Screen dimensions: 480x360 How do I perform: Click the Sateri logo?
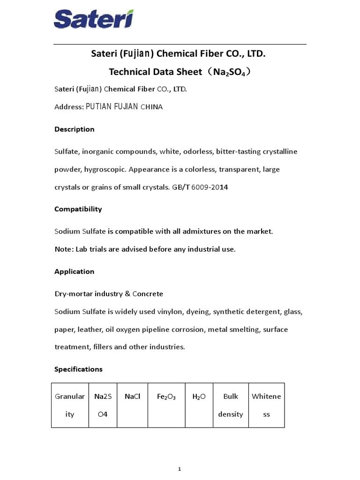[94, 20]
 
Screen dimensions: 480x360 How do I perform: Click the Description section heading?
[74, 129]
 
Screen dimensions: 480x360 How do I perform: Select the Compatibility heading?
[78, 209]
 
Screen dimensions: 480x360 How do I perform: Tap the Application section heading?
[74, 272]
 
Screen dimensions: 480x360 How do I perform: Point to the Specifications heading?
[78, 369]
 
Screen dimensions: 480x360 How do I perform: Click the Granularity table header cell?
[70, 405]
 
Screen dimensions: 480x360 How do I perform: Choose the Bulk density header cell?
[231, 405]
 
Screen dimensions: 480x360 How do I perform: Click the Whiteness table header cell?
[266, 405]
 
